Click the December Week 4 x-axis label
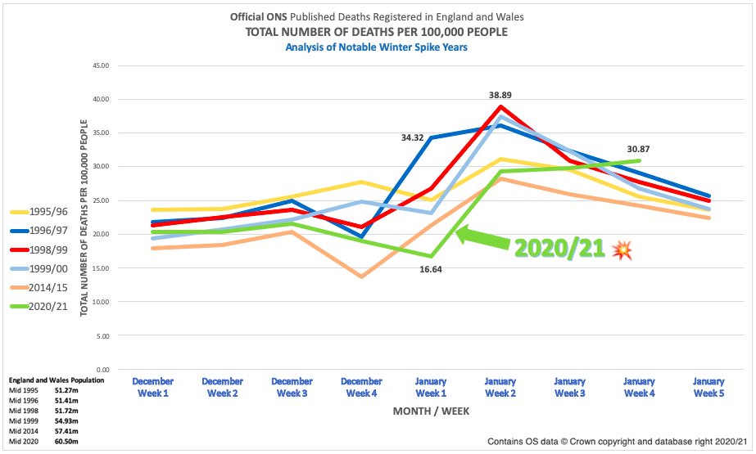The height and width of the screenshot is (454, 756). pos(362,387)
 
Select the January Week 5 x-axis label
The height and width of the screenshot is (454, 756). pos(708,387)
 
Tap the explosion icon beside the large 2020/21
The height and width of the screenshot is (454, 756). pos(622,250)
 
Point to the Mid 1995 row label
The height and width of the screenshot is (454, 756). pos(22,390)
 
